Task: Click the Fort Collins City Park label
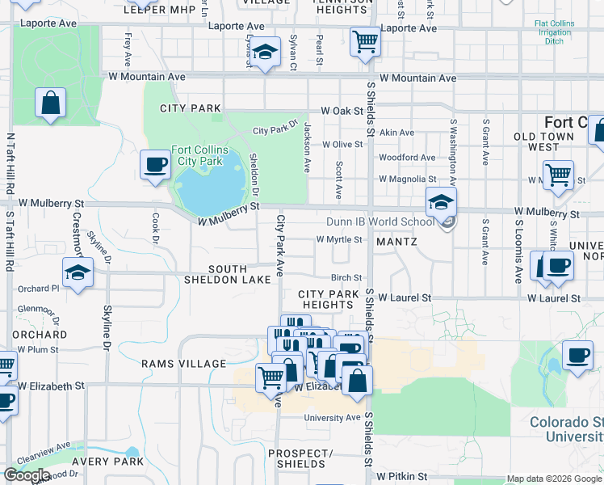click(199, 155)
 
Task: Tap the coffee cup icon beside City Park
click(155, 164)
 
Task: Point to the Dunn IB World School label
click(380, 221)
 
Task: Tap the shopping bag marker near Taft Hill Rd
click(50, 103)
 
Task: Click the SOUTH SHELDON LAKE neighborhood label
click(240, 274)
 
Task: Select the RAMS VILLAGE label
click(184, 364)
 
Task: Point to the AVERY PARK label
click(107, 462)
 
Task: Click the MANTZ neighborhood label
click(396, 242)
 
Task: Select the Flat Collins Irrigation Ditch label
click(554, 32)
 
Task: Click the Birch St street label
click(346, 277)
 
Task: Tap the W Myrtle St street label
click(338, 239)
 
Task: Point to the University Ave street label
click(332, 418)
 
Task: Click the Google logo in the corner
click(27, 475)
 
